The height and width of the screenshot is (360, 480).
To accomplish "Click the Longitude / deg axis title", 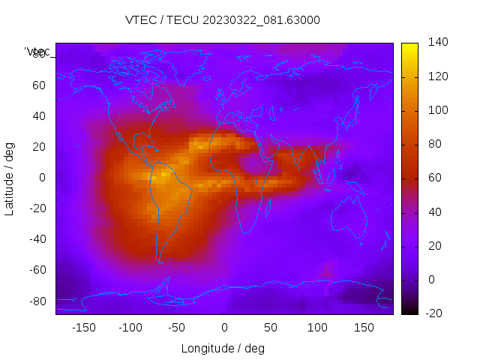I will click(x=223, y=349).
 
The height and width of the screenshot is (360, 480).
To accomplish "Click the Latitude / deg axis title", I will click(x=10, y=178).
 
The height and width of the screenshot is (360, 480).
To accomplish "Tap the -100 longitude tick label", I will click(x=130, y=328).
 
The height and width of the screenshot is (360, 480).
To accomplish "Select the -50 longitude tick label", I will click(x=177, y=328).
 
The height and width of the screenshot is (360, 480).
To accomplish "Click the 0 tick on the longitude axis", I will click(x=223, y=328).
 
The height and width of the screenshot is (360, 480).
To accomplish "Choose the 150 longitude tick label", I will click(x=364, y=328).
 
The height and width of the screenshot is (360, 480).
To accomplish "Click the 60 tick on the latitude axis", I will click(x=39, y=85).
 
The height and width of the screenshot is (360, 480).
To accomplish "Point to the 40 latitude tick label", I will click(x=39, y=116).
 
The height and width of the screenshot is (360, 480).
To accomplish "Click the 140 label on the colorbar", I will click(x=437, y=42).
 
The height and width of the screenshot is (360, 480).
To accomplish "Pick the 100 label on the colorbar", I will click(x=437, y=110).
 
